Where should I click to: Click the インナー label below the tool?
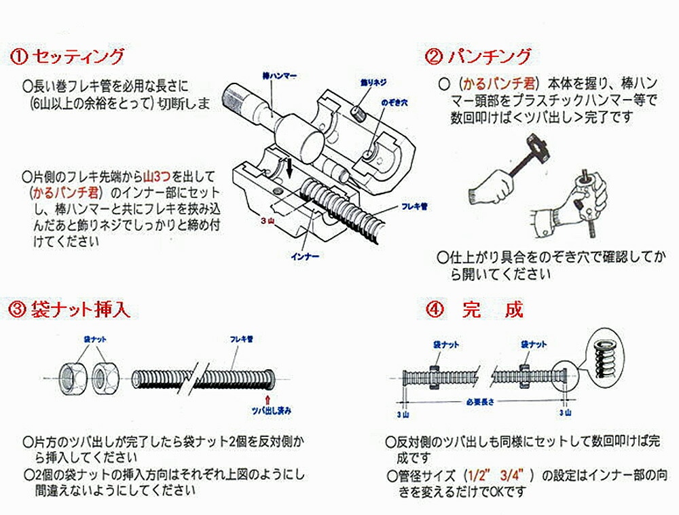(x=304, y=256)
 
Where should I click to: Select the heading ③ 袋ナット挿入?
(x=69, y=311)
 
